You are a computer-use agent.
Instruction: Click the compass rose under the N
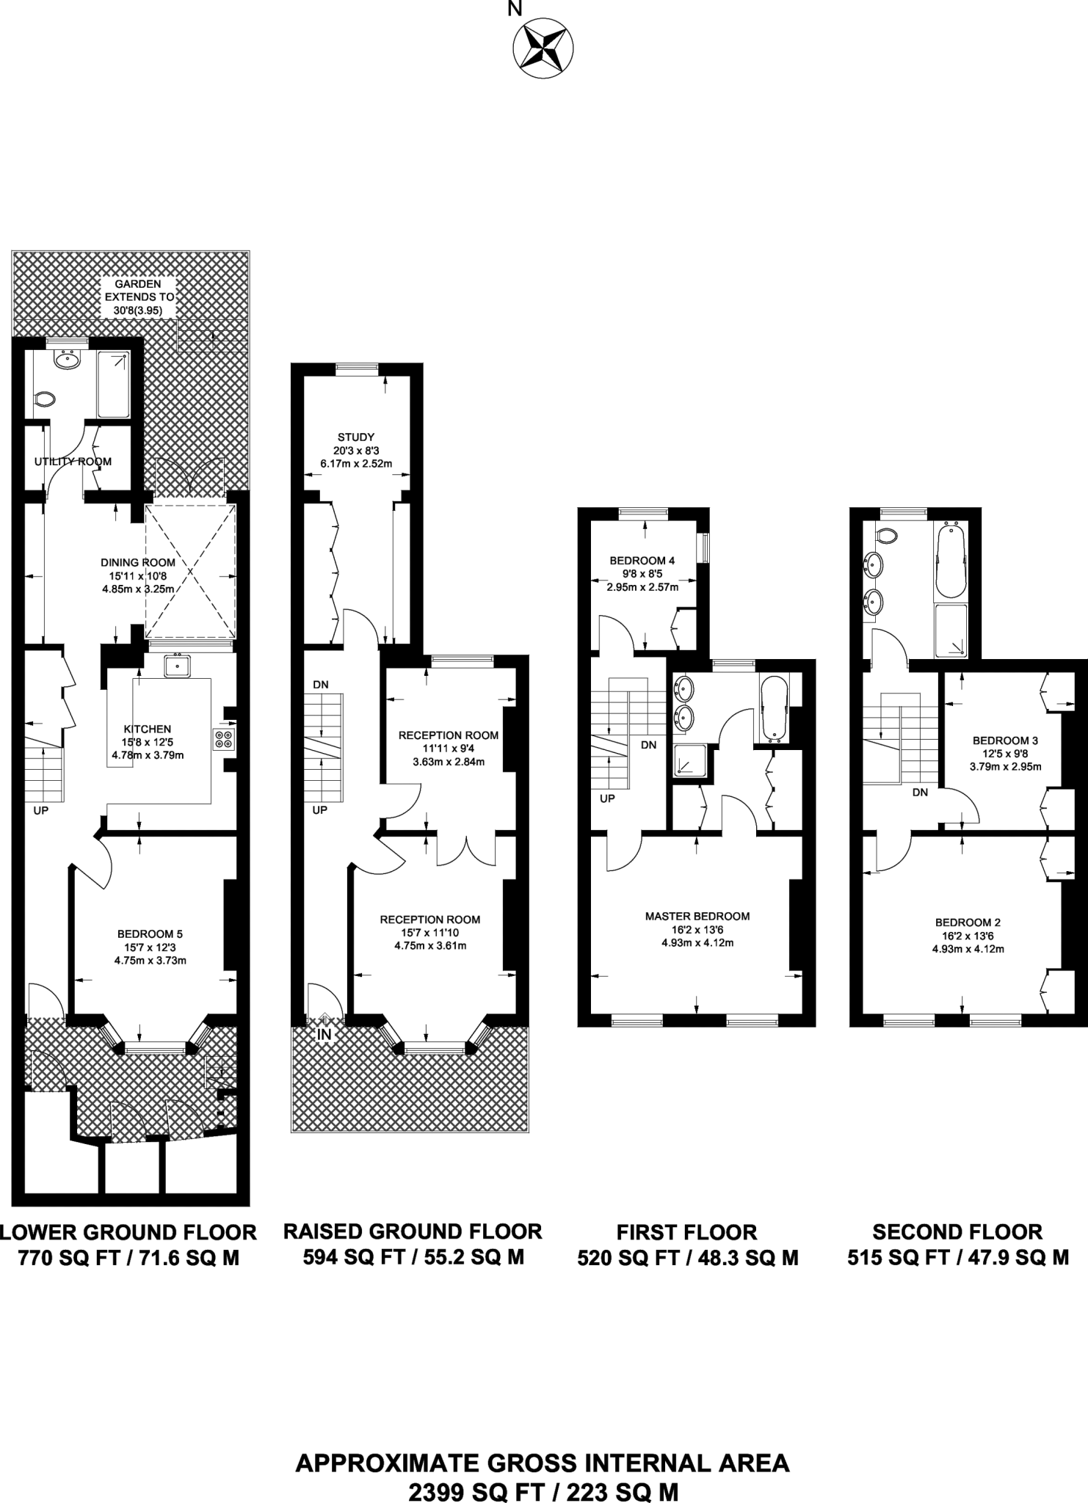[x=543, y=49]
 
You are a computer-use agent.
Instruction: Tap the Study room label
[x=356, y=437]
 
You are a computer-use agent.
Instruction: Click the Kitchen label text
[x=148, y=729]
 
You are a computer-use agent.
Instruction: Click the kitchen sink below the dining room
[x=177, y=666]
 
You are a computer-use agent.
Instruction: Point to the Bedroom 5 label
[x=150, y=934]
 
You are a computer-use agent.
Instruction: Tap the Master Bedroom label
[x=697, y=916]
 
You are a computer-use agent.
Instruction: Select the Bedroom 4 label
[x=642, y=561]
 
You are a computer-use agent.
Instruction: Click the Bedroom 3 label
[x=1004, y=740]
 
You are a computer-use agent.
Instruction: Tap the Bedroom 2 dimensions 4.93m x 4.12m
[x=968, y=949]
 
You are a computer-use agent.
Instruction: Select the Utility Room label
[x=73, y=462]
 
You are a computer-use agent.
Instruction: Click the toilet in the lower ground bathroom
[x=46, y=400]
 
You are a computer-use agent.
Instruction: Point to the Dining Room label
[x=138, y=562]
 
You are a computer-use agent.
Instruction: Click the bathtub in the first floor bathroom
[x=774, y=708]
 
